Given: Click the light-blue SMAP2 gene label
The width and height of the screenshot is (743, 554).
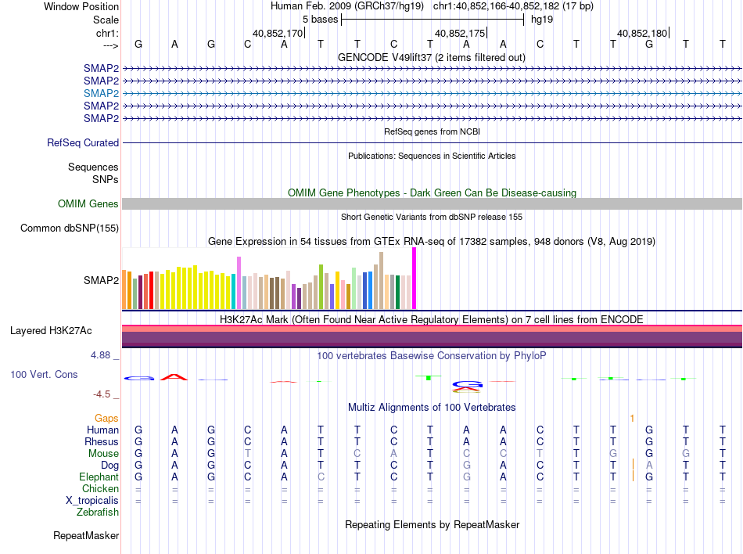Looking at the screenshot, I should (x=102, y=93).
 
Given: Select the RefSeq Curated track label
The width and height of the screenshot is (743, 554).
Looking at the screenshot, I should (x=83, y=143).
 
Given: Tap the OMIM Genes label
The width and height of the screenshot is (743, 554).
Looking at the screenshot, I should (x=88, y=204).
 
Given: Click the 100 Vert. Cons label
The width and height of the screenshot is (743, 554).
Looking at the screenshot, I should (x=44, y=375).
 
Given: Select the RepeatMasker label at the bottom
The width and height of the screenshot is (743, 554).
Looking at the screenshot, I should (x=86, y=536).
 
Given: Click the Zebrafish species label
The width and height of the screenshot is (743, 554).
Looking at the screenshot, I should (x=98, y=513).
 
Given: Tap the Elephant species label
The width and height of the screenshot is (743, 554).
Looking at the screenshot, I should (x=99, y=477).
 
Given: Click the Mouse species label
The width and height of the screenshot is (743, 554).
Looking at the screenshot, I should (x=103, y=454).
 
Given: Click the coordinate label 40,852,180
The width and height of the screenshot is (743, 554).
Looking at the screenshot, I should (x=642, y=34).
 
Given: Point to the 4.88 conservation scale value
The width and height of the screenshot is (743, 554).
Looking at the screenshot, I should (x=102, y=355).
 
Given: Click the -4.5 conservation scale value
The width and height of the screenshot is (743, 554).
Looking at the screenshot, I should (x=102, y=394).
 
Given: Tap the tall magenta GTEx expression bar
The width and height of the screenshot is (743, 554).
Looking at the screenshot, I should (x=414, y=278).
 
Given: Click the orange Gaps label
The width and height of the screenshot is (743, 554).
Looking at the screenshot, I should (x=106, y=419).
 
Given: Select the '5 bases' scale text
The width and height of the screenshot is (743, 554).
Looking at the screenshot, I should (x=320, y=19).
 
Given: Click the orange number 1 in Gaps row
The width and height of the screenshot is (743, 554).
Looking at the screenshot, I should (x=632, y=419).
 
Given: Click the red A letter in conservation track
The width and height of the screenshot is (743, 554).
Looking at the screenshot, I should (x=174, y=377).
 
